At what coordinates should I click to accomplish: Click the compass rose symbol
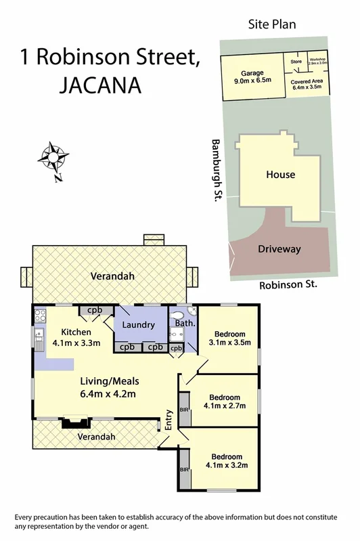[x=53, y=157]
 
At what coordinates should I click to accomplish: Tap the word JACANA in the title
[x=102, y=86]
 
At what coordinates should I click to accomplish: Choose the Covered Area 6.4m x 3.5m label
[x=307, y=85]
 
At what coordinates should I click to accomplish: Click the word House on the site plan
[x=280, y=175]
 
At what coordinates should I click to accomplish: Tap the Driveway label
[x=279, y=249]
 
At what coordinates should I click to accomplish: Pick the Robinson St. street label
[x=288, y=286]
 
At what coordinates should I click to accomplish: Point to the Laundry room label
[x=139, y=325]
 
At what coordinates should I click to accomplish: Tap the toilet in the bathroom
[x=190, y=311]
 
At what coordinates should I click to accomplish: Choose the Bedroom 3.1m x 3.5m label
[x=233, y=338]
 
